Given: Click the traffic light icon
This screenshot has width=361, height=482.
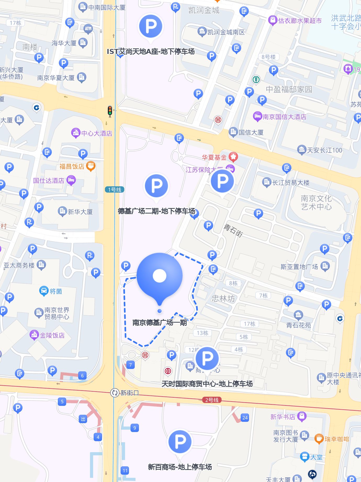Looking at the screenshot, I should tap(110, 111).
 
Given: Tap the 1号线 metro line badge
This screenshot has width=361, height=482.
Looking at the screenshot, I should tap(115, 189).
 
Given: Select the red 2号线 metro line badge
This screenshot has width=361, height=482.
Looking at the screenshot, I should tap(212, 400).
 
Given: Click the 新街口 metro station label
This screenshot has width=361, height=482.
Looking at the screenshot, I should tap(129, 393).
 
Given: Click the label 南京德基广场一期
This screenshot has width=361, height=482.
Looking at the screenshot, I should tap(160, 322).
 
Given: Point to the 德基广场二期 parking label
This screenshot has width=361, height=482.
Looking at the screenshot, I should tap(156, 211).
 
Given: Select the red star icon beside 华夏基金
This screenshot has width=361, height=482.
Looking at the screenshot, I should tap(233, 157).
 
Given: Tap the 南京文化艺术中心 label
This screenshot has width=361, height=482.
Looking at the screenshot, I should tap(316, 203).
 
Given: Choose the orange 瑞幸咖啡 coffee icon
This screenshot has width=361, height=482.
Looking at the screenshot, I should tap(319, 439).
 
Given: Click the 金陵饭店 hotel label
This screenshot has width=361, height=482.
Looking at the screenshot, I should tap(52, 335).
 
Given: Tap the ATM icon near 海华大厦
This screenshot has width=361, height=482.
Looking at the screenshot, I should tap(88, 29).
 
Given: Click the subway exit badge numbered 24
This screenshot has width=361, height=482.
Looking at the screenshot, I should tap(245, 418).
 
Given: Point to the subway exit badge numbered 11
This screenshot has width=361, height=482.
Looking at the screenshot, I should tap(125, 470).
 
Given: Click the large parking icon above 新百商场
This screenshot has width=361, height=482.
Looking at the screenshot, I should tap(180, 442).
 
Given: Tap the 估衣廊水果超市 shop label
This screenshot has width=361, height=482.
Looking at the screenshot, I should tap(300, 21).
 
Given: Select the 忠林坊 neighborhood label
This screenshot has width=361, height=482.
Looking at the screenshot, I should tap(223, 298).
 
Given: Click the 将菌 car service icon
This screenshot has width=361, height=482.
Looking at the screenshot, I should tap(44, 291).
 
